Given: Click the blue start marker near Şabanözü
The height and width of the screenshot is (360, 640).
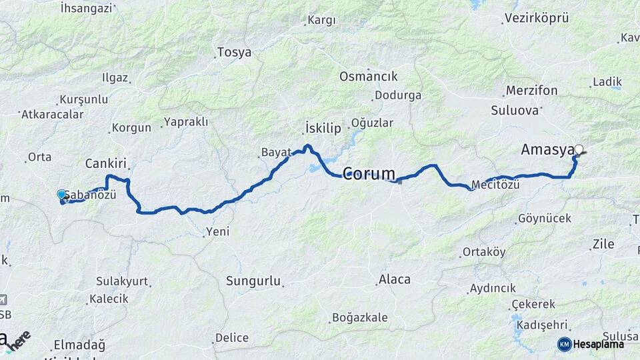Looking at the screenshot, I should (x=61, y=194).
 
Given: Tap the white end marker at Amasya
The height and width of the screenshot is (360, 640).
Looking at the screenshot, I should (x=579, y=149).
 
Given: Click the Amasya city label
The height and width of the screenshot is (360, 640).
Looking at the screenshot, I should (x=547, y=151).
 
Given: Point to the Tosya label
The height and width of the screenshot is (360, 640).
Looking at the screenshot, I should (x=235, y=53).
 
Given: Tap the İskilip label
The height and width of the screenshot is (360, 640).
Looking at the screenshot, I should (x=323, y=128).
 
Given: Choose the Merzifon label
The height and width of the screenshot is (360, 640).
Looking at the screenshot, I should (x=531, y=91).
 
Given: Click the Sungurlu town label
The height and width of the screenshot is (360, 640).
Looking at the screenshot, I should (x=253, y=281).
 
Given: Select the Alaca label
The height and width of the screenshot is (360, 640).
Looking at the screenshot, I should (x=395, y=279).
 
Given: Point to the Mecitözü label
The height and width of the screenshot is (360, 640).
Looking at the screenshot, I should (x=495, y=185).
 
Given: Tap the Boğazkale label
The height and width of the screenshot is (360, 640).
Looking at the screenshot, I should (x=359, y=317).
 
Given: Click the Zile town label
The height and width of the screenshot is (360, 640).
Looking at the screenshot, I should (x=603, y=245).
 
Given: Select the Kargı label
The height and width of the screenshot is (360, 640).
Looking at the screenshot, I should (x=321, y=21).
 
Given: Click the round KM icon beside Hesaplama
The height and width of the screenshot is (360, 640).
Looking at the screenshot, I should (x=564, y=344).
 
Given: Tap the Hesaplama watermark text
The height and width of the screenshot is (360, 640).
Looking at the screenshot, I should (x=598, y=344).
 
